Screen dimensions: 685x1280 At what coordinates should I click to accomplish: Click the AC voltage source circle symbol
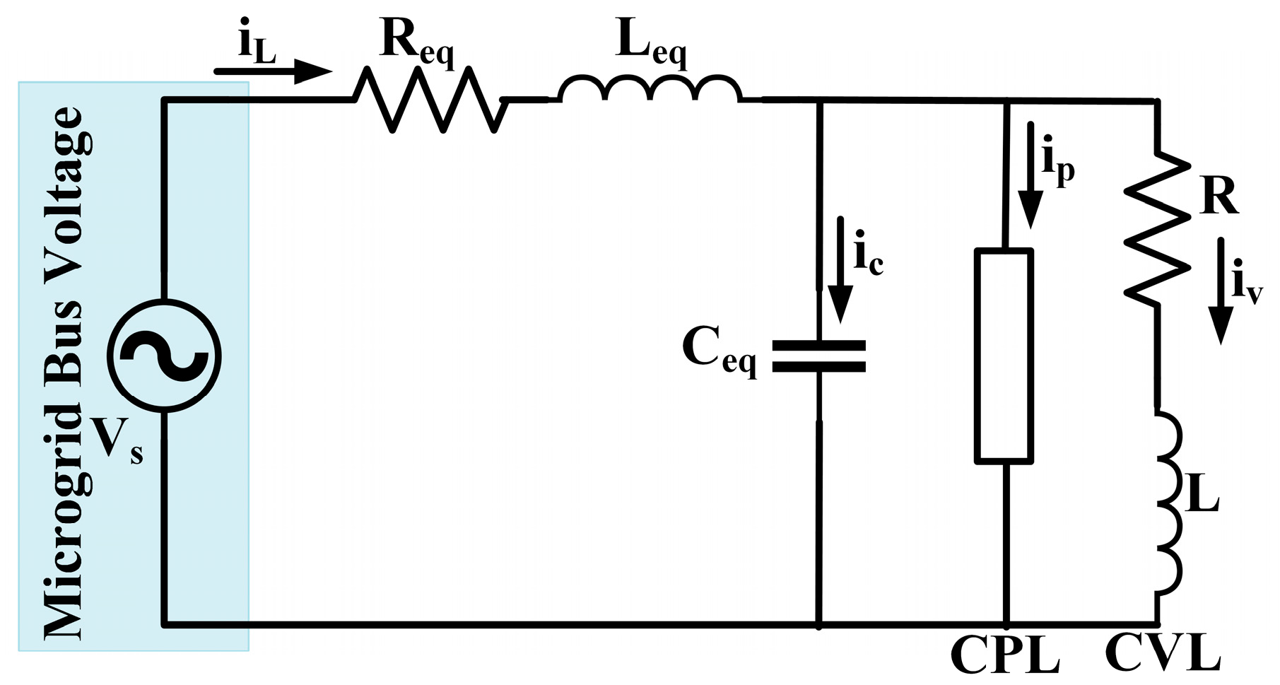[164, 356]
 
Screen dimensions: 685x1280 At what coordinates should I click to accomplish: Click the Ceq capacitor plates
[818, 356]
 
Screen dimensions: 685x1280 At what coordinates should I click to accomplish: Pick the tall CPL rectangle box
[1004, 356]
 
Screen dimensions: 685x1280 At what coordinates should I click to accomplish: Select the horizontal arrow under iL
[272, 71]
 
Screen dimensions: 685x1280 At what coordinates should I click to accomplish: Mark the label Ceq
[718, 351]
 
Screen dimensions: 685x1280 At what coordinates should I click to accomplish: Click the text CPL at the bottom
[1005, 655]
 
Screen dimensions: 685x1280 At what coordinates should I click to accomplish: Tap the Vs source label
[117, 440]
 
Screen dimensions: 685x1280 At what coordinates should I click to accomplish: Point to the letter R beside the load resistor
[1219, 196]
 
